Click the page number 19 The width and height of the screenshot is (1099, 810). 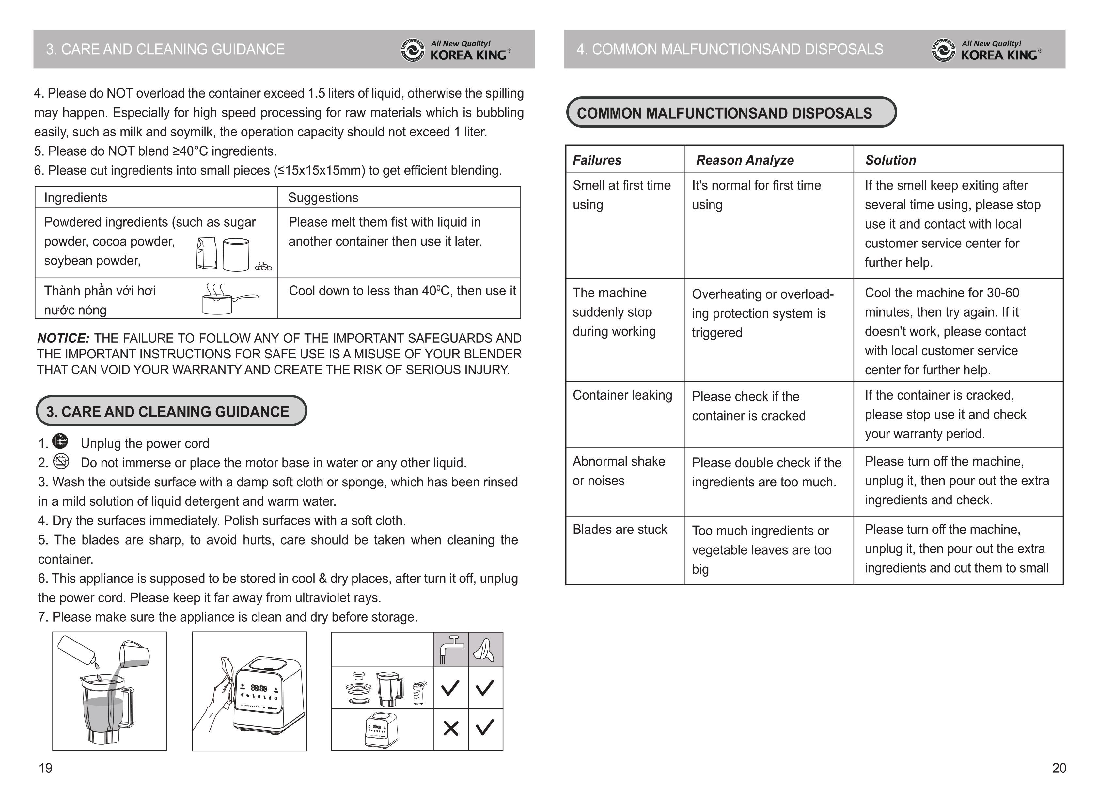[46, 768]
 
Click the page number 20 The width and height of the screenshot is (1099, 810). [1059, 768]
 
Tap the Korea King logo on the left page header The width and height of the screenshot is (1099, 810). [456, 50]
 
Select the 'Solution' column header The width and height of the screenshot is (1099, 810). [890, 160]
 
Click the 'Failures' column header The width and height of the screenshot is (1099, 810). [597, 160]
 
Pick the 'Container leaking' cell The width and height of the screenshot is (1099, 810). [622, 395]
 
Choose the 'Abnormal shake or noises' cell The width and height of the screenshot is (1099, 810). [619, 471]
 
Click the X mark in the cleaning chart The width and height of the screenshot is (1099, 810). [450, 729]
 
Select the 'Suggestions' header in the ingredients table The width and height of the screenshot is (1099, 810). [323, 198]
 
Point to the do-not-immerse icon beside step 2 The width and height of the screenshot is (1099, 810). [61, 461]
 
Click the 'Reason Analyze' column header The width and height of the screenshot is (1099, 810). [745, 160]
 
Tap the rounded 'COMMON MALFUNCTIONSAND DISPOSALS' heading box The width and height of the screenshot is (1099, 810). [730, 113]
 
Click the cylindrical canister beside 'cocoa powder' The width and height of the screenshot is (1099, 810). [236, 254]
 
